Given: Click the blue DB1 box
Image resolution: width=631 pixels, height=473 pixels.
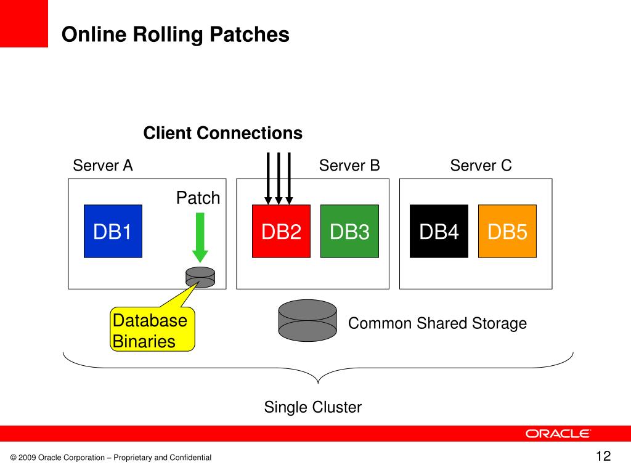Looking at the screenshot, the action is [113, 232].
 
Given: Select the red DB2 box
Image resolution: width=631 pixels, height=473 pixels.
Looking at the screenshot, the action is [281, 232].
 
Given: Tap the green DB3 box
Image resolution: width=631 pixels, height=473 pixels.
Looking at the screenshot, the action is [350, 232].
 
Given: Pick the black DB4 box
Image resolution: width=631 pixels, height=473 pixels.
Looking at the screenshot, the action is [439, 232].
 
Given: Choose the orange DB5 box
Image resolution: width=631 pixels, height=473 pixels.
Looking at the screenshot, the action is [508, 232].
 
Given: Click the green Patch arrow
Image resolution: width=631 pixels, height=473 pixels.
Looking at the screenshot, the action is [200, 238].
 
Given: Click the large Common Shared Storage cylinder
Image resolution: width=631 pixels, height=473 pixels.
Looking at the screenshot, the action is [307, 320].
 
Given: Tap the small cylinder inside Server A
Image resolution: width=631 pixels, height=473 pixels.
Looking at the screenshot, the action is [200, 277].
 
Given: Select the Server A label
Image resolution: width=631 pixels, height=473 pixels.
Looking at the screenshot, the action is [103, 165].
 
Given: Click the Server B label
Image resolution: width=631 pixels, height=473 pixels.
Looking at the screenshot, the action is [349, 165].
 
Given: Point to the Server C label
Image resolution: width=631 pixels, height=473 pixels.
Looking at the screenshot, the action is [481, 165].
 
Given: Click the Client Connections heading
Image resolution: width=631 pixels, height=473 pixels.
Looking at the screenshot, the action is [223, 133].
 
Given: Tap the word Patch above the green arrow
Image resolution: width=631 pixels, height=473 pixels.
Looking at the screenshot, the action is [198, 198].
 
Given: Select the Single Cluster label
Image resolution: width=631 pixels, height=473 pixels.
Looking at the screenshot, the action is [312, 407].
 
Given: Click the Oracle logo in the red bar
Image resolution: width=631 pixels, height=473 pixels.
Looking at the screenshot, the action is [558, 434].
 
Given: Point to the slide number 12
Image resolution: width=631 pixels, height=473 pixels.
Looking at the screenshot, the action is [603, 456].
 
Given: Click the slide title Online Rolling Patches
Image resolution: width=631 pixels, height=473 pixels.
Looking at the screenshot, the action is [176, 34].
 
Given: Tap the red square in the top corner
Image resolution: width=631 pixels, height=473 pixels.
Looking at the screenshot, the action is [24, 24].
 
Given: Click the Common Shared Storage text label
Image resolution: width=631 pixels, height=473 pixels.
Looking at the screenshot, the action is [438, 323].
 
